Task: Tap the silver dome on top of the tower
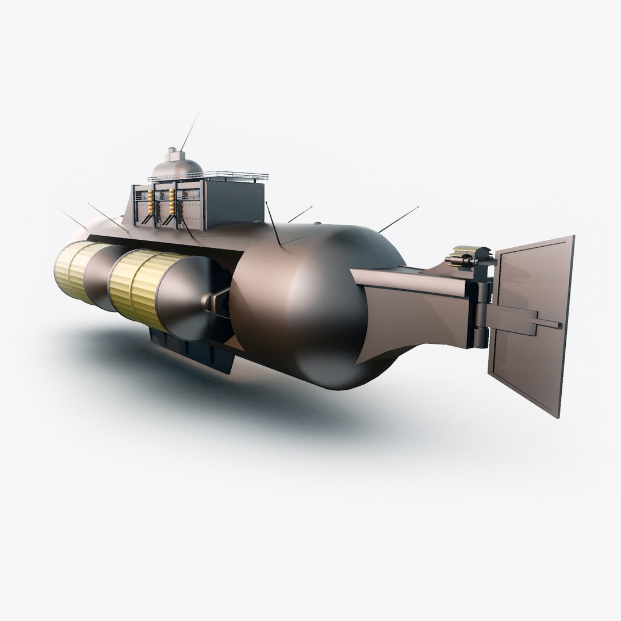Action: pos(177,167)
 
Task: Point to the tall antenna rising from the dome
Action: pos(189,130)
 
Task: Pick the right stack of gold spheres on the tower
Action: pos(171,202)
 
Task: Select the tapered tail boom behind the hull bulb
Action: pos(414,299)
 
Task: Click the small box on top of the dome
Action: pos(172,152)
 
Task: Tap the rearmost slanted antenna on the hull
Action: pos(397,219)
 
